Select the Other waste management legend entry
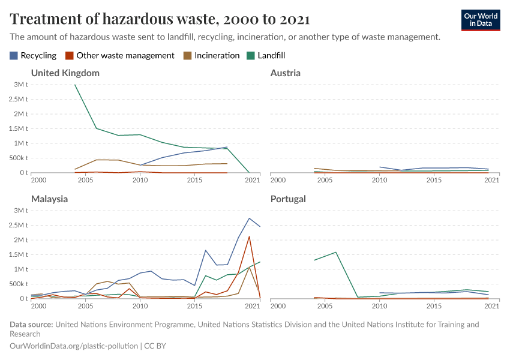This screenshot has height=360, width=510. [x=119, y=55]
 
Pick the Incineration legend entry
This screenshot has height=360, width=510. [x=212, y=55]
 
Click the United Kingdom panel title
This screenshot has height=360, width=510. [x=65, y=73]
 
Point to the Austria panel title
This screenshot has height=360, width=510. [x=285, y=73]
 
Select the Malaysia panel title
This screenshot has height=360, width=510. [x=49, y=199]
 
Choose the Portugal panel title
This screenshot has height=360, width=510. [x=288, y=199]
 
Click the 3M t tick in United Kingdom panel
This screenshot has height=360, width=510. [x=21, y=85]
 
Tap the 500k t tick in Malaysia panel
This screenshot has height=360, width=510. [x=19, y=284]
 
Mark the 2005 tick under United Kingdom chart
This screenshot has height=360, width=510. [x=85, y=180]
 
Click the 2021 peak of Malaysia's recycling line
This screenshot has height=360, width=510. [x=249, y=218]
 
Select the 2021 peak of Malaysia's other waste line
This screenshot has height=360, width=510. [x=249, y=236]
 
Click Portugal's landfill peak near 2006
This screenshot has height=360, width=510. [x=336, y=252]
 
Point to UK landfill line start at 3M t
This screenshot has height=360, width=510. [x=75, y=85]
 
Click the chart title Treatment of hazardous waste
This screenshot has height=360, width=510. [x=160, y=19]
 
